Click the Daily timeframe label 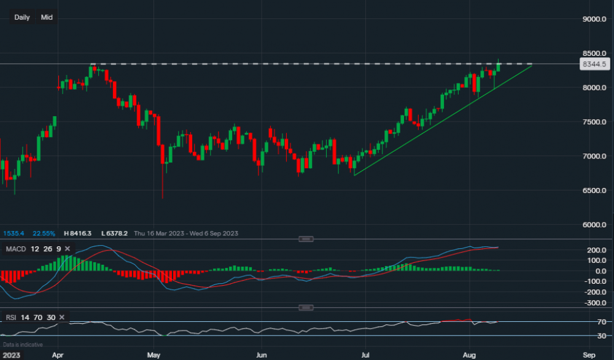coord(22,17)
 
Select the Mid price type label coord(47,17)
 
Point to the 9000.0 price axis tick coord(594,20)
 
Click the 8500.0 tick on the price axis coord(594,53)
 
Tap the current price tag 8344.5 coord(594,64)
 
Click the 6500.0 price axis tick coord(594,190)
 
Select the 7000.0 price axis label coord(594,156)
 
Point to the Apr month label coord(58,355)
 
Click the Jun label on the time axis coord(262,355)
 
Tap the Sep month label coord(588,355)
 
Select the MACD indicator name coord(15,249)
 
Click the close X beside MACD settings coord(67,249)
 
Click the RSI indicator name coord(12,317)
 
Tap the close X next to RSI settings coord(63,317)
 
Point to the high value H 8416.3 coord(77,233)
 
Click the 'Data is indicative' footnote coord(23,345)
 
